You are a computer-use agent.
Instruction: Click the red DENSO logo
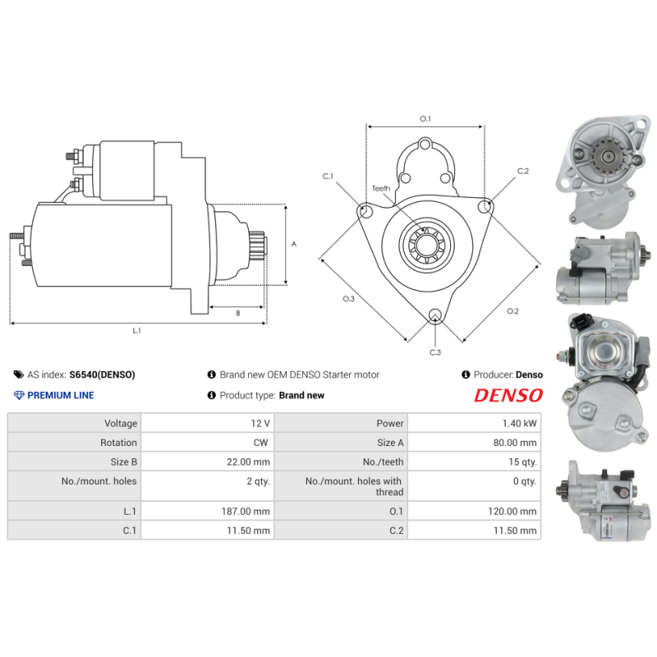tap(508, 395)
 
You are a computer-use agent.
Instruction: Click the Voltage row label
tap(120, 423)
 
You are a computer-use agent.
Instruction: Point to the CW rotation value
tap(261, 443)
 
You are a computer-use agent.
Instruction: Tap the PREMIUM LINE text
tap(61, 395)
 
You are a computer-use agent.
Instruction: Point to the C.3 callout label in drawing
tap(435, 352)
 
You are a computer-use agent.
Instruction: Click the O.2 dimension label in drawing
tap(512, 310)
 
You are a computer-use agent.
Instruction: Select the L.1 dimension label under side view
tap(137, 330)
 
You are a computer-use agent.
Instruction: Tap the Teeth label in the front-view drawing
tap(381, 189)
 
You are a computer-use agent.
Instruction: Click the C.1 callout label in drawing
tap(328, 176)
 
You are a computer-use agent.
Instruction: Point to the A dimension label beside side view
tap(294, 244)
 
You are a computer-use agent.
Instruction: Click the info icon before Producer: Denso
tap(466, 374)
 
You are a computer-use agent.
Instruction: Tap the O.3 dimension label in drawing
tap(348, 298)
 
